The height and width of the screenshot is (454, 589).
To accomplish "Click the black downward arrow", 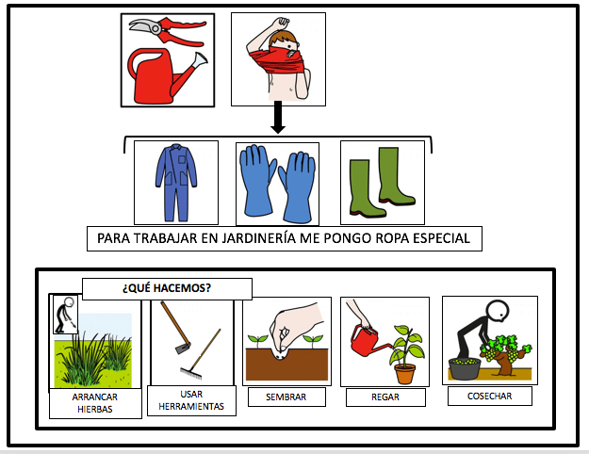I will (x=277, y=119).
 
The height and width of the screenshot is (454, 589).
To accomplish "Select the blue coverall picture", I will (x=176, y=181).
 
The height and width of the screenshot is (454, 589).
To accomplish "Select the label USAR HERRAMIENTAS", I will (x=191, y=399).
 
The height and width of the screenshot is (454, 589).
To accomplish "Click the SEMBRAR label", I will (x=286, y=397).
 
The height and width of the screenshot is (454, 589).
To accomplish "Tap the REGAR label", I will (x=384, y=397).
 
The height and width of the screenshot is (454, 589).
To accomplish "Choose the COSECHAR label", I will (x=489, y=396).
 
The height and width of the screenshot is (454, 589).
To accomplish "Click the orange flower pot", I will (x=405, y=374).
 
